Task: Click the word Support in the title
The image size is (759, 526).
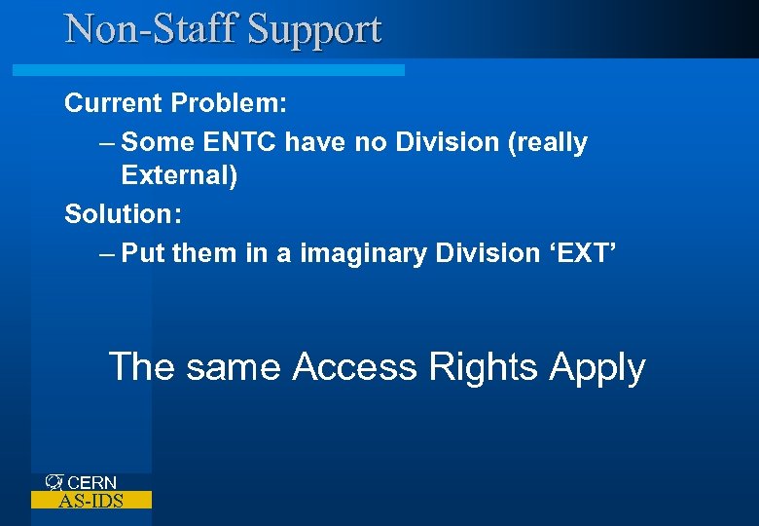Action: point(314,29)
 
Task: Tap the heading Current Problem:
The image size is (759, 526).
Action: point(174,102)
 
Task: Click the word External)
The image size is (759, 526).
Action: point(179,176)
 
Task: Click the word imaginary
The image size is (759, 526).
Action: point(363,253)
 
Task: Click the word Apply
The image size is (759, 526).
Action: point(596,368)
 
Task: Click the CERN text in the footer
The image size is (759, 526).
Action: point(92,482)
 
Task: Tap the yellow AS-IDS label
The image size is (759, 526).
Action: point(91,501)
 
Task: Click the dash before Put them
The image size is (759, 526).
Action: point(107,253)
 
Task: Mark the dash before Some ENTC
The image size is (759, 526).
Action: point(107,142)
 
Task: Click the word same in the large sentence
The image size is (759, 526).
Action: point(234,367)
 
